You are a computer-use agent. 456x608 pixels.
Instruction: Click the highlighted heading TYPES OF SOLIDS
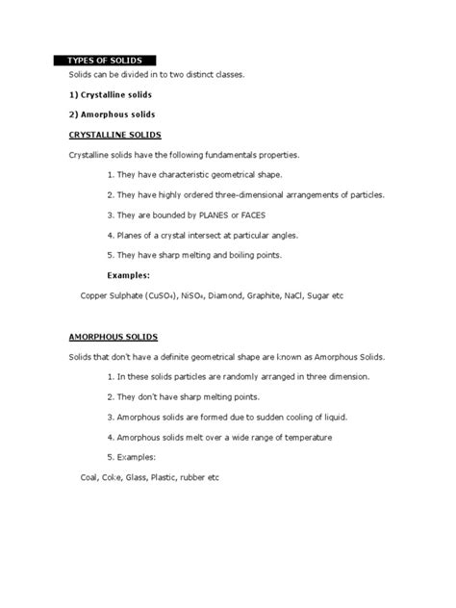coord(105,61)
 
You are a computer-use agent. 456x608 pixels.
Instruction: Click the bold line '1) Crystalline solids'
coord(112,94)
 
